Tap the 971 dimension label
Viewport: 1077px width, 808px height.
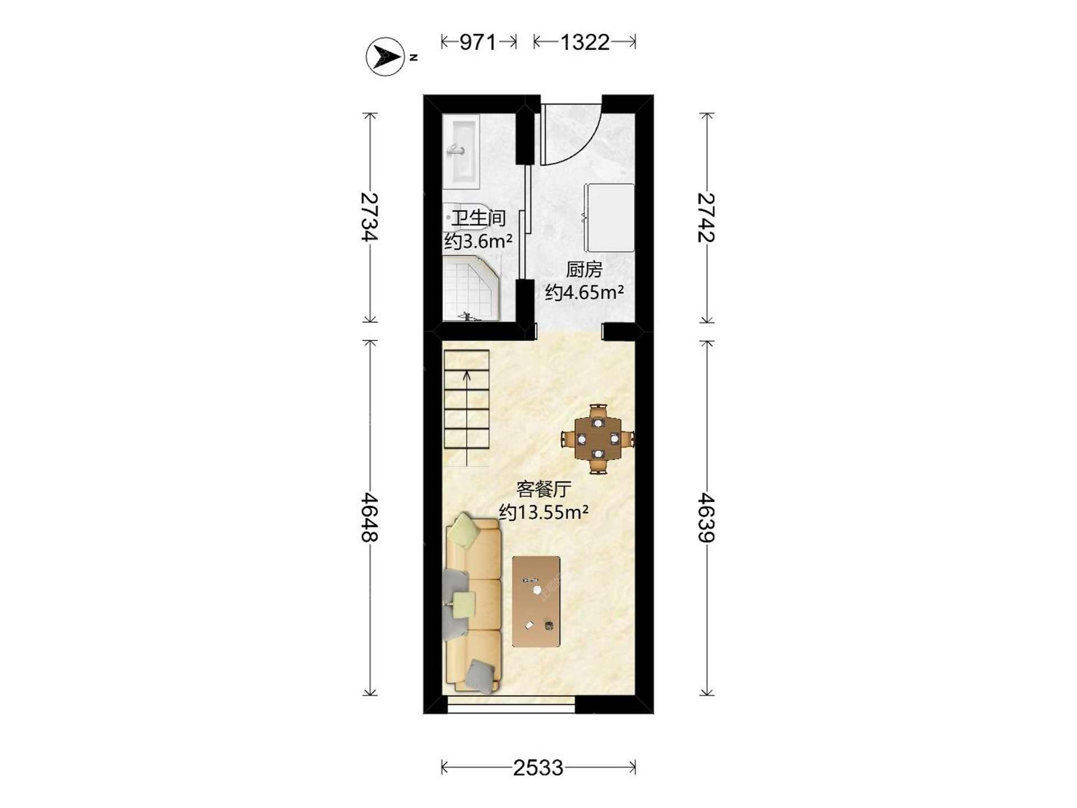point(478,42)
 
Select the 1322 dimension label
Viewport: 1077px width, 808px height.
point(584,42)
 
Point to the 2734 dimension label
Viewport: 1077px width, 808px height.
point(370,217)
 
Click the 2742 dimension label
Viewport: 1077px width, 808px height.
point(706,217)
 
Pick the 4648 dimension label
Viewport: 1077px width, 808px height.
point(370,517)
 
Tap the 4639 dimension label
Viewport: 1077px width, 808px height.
point(706,517)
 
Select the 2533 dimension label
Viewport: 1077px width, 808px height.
point(538,768)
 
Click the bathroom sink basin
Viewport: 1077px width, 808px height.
point(461,151)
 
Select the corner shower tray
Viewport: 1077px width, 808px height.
point(471,289)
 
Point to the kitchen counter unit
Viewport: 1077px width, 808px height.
point(609,218)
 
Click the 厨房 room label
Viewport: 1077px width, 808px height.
point(584,270)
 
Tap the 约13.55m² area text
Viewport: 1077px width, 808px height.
point(544,512)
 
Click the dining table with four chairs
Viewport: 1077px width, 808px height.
point(598,439)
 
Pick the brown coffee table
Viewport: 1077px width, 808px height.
point(536,602)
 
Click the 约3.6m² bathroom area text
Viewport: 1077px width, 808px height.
point(478,241)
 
